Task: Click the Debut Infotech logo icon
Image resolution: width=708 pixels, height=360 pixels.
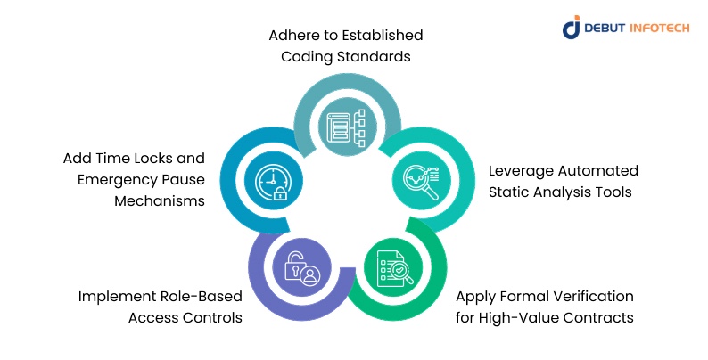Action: click(572, 27)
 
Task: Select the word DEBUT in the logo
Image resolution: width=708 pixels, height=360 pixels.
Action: click(606, 28)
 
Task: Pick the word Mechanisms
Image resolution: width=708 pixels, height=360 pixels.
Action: click(160, 200)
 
